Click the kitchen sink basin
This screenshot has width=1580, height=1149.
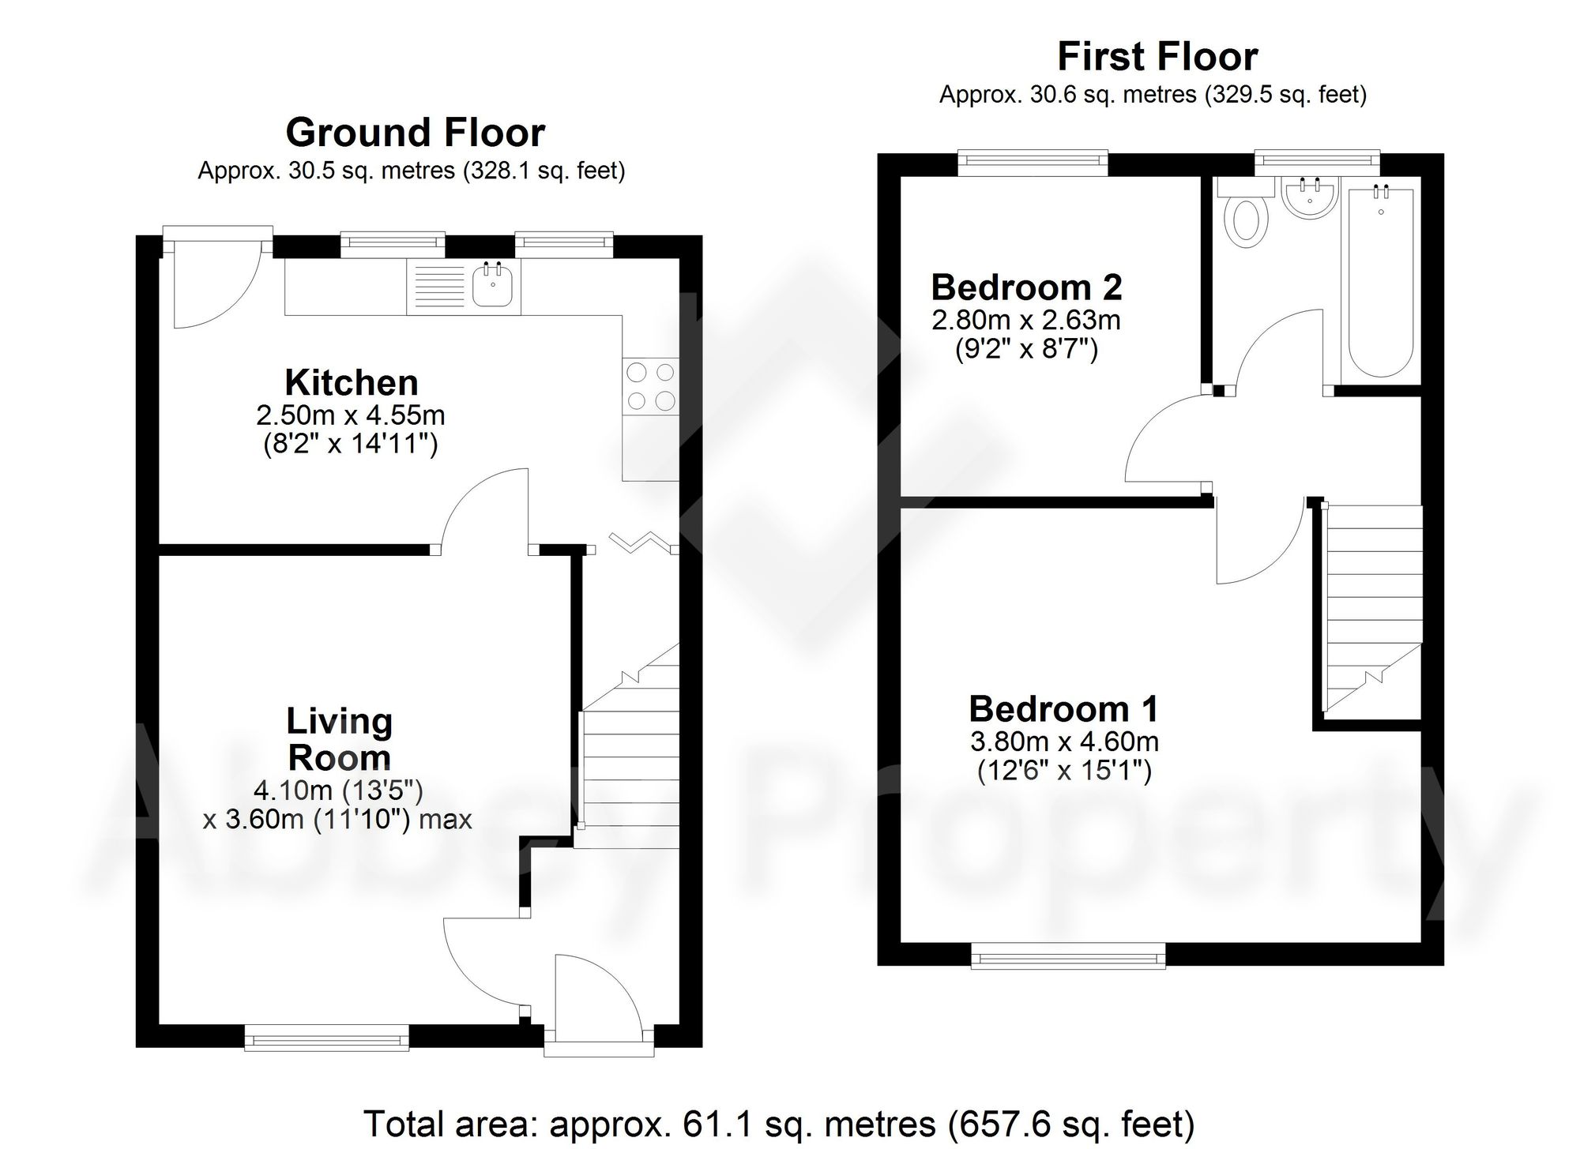click(x=494, y=286)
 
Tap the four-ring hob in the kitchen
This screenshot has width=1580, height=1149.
click(x=651, y=386)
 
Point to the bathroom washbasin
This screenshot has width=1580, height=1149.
click(x=1310, y=197)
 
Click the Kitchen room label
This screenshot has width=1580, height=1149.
click(x=352, y=383)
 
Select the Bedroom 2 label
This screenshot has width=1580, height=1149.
click(x=1026, y=287)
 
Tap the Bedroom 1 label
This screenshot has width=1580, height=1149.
click(x=1063, y=709)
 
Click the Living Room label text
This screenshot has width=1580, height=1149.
click(x=339, y=739)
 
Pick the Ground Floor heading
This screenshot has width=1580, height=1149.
click(x=415, y=133)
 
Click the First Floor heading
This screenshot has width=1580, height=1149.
click(x=1157, y=57)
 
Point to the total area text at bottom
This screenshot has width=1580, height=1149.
click(x=778, y=1123)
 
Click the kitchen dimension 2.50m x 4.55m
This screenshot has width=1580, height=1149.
click(x=350, y=415)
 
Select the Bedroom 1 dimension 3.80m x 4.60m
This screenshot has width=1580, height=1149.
click(x=1064, y=742)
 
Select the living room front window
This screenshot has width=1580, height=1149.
click(x=326, y=1037)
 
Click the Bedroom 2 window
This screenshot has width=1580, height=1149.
click(x=1033, y=163)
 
